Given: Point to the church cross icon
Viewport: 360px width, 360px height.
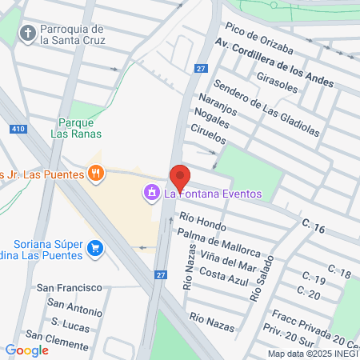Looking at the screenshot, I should coord(28,34).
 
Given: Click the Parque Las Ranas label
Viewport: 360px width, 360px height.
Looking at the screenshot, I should coord(78,128).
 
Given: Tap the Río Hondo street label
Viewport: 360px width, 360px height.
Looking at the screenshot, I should coord(203,219).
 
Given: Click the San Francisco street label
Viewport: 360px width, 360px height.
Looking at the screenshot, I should coord(69,287).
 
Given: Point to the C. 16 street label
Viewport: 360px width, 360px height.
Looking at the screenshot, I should coord(314,228).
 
